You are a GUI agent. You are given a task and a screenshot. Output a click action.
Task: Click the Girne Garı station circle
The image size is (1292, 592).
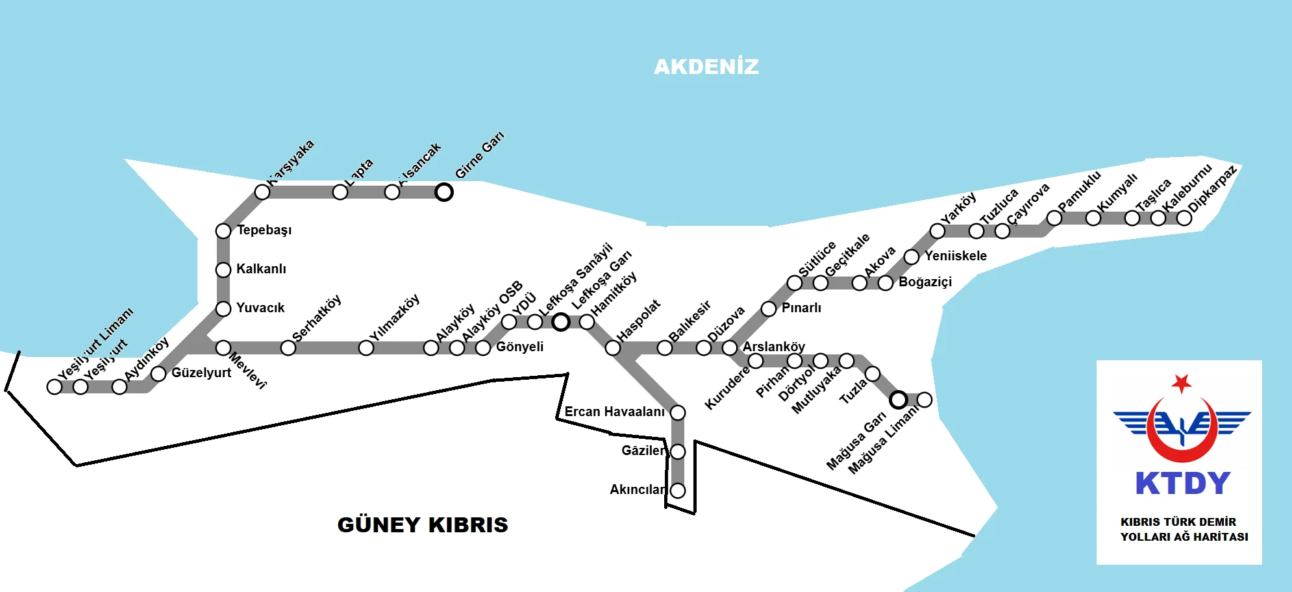pos(444,192)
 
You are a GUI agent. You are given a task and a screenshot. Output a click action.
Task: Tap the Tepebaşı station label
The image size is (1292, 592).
pos(264,230)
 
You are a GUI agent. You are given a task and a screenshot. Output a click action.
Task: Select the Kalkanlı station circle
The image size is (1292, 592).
pos(223,269)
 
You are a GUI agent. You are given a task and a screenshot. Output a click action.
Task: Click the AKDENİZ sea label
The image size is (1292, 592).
pos(706,67)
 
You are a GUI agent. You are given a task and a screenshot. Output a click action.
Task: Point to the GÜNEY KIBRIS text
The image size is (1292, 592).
pos(423,524)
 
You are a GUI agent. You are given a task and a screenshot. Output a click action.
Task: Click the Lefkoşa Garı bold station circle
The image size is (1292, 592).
pos(561,322)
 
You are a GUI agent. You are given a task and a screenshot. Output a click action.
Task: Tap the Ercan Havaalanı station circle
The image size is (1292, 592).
pos(678,412)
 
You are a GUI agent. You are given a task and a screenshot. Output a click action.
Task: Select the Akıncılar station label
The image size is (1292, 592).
pos(637,489)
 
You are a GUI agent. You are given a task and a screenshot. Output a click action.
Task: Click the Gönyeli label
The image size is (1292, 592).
pos(519,347)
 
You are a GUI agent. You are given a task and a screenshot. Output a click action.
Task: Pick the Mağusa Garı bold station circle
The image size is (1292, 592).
pos(899,399)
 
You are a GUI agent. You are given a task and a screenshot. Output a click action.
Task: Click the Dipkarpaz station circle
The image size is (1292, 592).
pos(1184,218)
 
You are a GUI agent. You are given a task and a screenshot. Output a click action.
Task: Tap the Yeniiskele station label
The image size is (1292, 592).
pos(955,256)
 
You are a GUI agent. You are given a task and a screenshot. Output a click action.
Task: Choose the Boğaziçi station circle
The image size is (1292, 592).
pos(886,283)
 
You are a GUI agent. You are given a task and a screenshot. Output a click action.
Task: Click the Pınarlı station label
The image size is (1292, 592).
pos(801,308)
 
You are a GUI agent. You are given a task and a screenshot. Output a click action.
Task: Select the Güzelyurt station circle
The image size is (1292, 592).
pos(158,374)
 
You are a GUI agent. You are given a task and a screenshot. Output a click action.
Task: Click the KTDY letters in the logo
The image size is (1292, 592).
pos(1182,484)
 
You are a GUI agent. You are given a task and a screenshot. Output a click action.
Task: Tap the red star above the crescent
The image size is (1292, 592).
pos(1182,383)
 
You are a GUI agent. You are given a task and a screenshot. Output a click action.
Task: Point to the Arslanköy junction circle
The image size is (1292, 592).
pos(730,348)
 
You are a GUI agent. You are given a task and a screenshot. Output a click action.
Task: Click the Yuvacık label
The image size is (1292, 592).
pos(260,308)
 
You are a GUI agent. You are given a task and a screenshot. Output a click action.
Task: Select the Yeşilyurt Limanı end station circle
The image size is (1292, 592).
pos(55,387)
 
